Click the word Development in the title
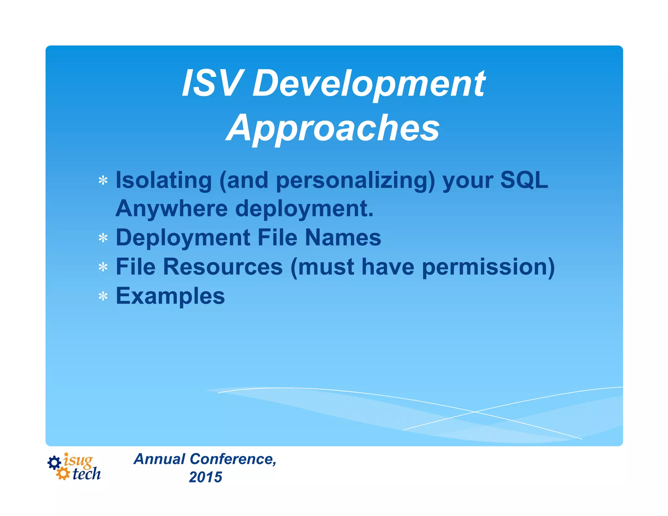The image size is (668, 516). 369,84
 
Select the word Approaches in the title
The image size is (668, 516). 333,128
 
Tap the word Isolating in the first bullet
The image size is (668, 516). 164,180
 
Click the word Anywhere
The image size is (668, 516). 172,208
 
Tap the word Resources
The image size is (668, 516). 223,266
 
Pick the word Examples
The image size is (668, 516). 170,296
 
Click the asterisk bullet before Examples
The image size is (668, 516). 103,296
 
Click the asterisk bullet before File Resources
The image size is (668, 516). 103,267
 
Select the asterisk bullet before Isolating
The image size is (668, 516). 103,180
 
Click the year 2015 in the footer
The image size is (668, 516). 205,477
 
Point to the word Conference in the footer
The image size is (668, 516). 233,459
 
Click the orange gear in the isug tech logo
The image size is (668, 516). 63,473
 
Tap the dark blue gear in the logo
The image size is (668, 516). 54,463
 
